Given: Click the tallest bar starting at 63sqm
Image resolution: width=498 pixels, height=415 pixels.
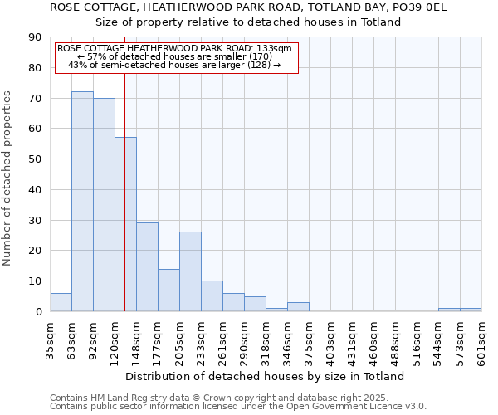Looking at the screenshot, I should [x=82, y=202].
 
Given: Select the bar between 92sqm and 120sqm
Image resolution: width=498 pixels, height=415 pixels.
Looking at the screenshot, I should [x=104, y=205].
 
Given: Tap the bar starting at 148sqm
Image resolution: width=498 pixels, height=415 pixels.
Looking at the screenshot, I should [x=147, y=267].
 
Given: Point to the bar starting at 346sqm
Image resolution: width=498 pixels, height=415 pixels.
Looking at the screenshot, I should [x=298, y=307].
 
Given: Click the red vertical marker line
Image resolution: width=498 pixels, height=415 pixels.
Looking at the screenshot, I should [x=124, y=191].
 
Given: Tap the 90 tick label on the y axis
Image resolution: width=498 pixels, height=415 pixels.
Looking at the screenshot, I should [x=36, y=37].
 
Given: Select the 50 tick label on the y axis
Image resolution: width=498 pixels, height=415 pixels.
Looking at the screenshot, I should [x=36, y=159].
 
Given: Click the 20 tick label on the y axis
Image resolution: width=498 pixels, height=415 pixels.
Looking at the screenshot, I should [x=36, y=251].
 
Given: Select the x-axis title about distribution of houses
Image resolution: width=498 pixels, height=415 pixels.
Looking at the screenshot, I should [x=265, y=376].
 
